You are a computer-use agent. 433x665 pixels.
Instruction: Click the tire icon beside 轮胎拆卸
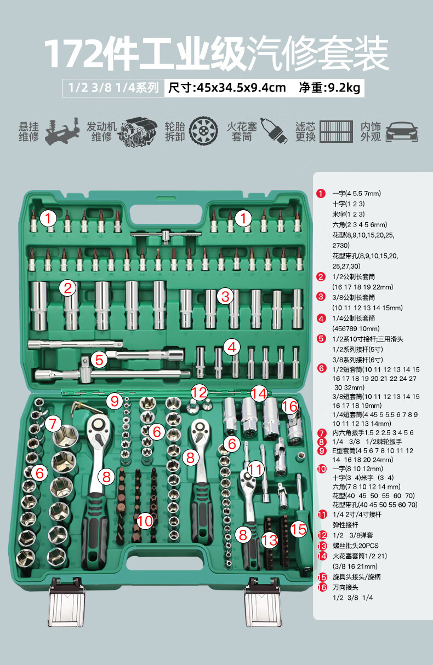pos(203,131)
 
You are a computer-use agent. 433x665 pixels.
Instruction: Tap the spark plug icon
pos(274,131)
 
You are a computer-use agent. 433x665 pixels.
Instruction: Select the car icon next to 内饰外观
pos(402,131)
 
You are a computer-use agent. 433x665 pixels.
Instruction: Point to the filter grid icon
pos(337,131)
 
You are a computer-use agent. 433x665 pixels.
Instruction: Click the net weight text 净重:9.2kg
pos(329,88)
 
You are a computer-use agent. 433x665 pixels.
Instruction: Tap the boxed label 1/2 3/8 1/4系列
pos(113,88)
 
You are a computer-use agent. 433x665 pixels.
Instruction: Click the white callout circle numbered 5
pos(99,360)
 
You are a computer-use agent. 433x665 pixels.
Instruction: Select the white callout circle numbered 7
pos(53,424)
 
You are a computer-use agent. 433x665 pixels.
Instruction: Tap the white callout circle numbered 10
pos(145,521)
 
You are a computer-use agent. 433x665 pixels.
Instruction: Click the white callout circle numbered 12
pos(200,392)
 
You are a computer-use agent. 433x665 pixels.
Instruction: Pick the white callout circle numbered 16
pos(289,406)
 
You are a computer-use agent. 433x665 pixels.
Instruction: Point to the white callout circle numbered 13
pos(270,540)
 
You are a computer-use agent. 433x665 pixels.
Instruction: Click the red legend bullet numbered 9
pos(322,450)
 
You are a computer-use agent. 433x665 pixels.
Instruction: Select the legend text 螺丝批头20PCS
pos(355,546)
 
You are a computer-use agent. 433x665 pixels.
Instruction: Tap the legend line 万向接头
pos(345,587)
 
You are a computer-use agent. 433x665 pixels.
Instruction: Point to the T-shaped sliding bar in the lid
pos(166,235)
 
